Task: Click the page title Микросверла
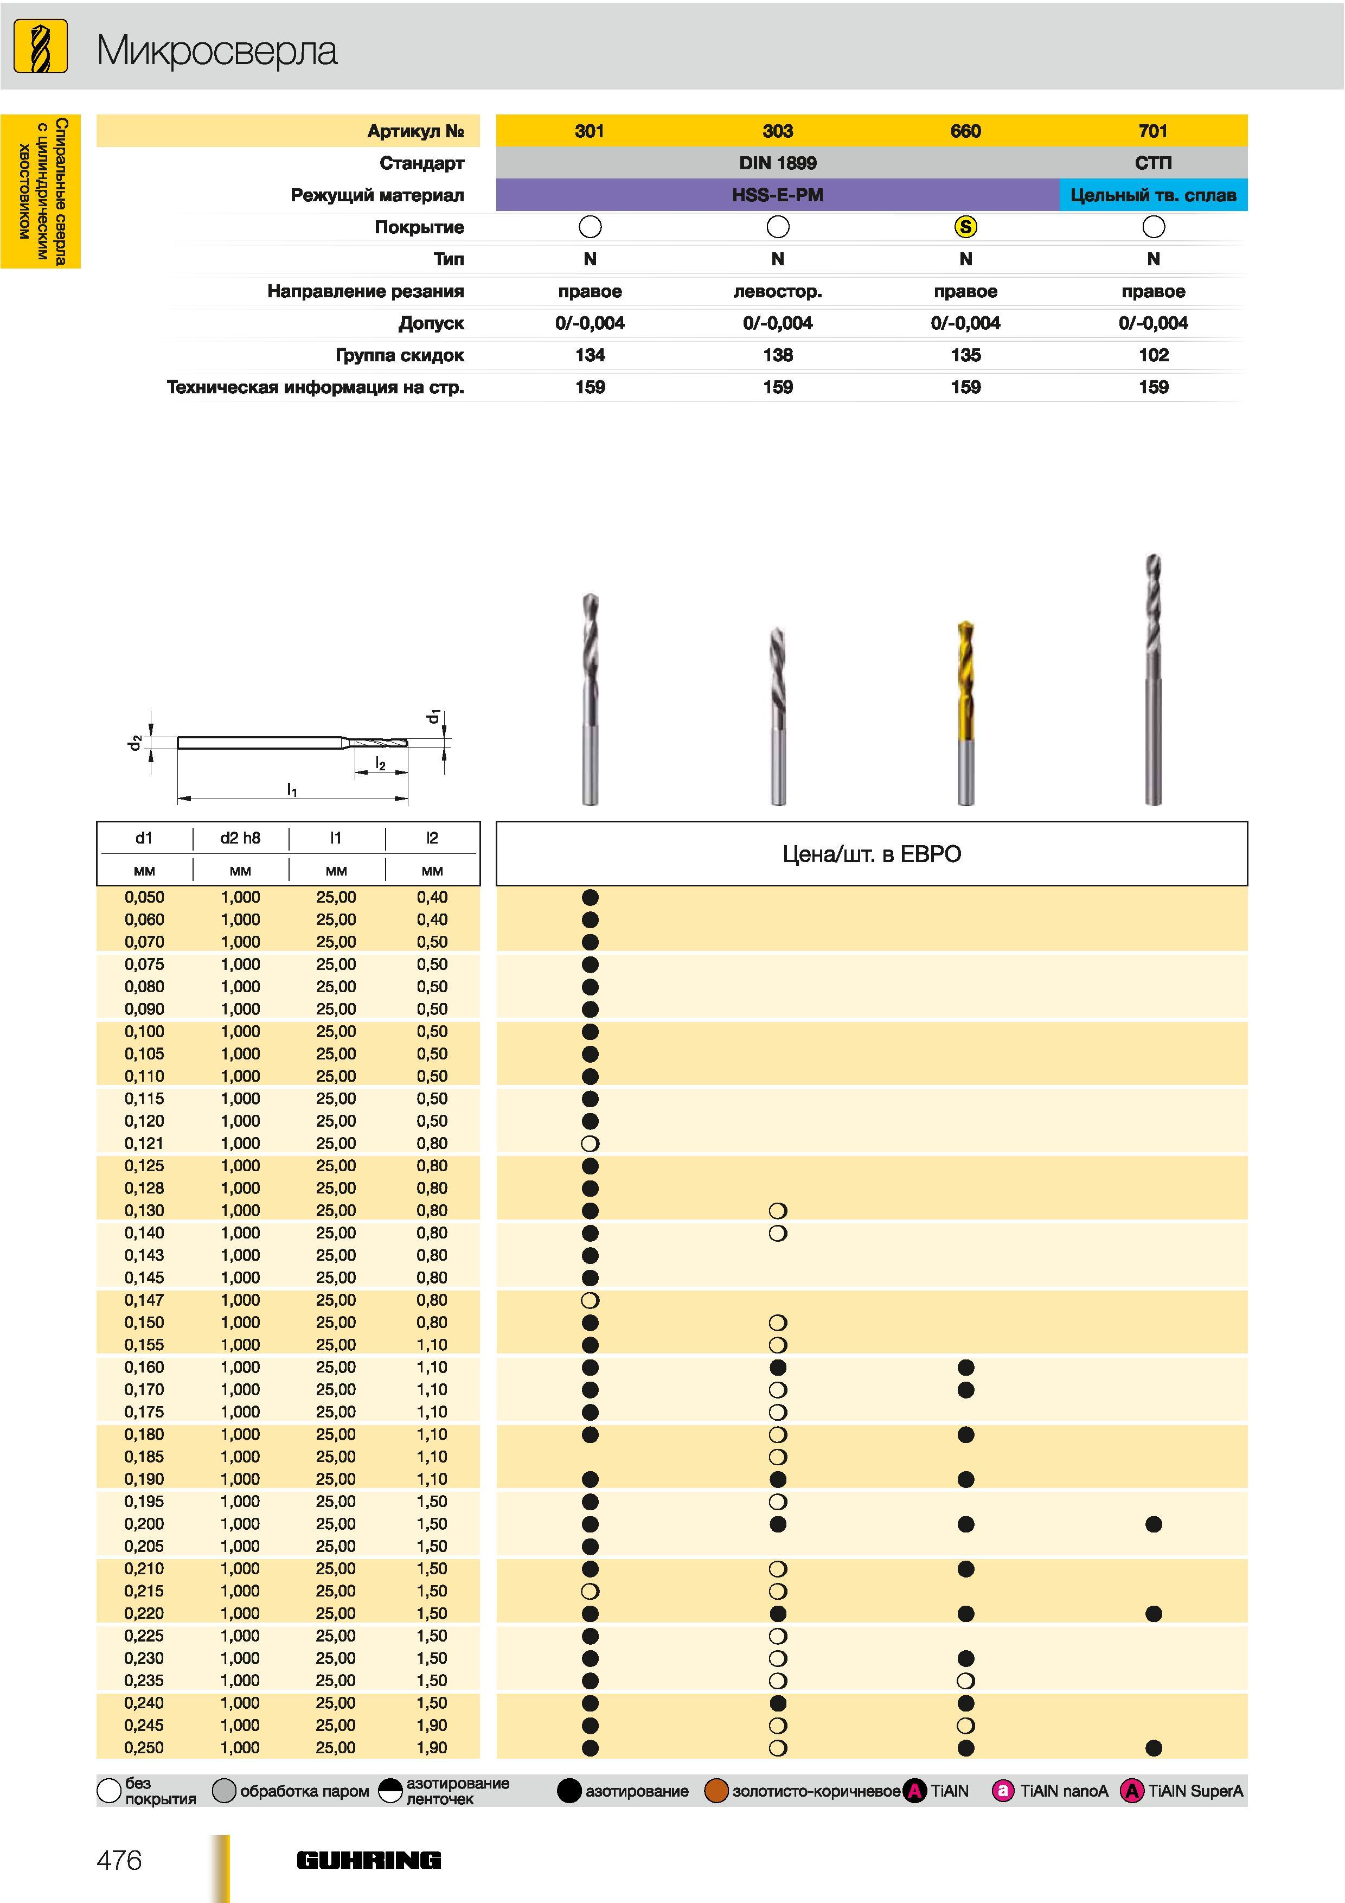click(217, 52)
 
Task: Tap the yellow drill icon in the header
click(41, 47)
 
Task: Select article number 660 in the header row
click(965, 131)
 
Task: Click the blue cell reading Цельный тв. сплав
click(1152, 195)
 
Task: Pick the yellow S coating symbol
click(965, 226)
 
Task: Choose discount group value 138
click(777, 355)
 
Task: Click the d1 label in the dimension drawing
click(433, 716)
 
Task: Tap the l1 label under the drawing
click(292, 790)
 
